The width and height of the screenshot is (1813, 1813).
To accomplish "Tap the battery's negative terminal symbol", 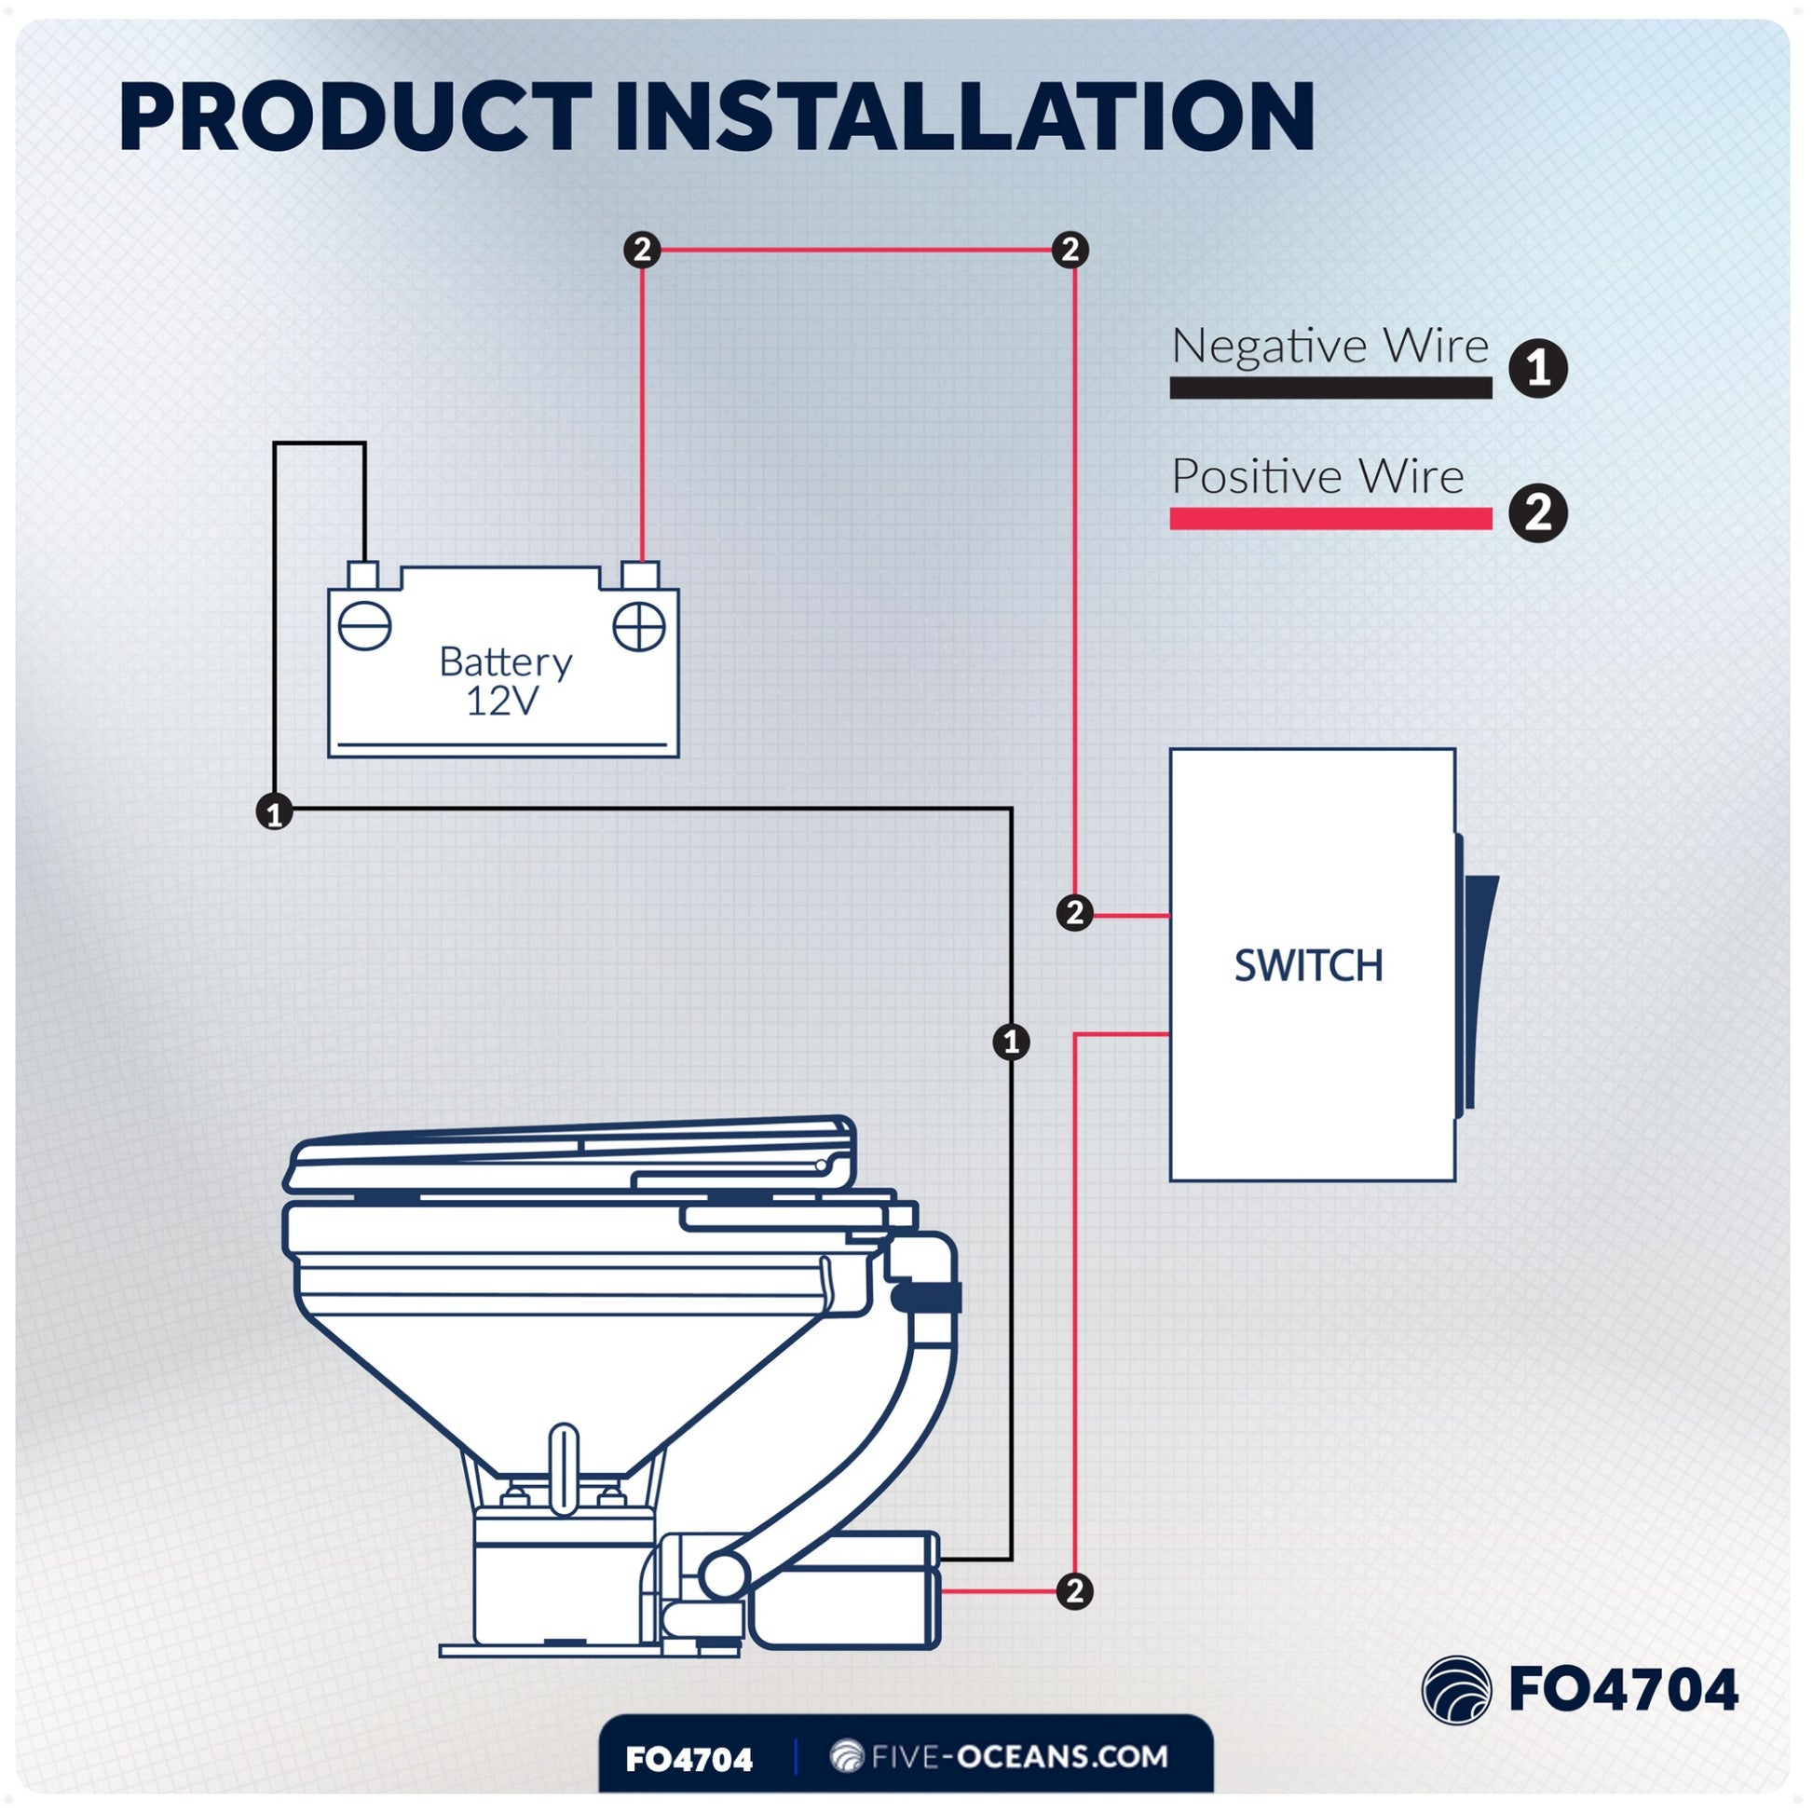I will (x=364, y=626).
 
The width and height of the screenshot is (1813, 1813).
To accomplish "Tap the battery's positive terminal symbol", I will (x=639, y=626).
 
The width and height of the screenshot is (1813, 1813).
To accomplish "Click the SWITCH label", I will (x=1308, y=965).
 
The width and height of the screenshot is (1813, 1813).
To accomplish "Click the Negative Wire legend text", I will (x=1329, y=347).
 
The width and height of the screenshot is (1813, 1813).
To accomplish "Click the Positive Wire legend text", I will (x=1317, y=477).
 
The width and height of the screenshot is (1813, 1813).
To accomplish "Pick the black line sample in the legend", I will (x=1329, y=388).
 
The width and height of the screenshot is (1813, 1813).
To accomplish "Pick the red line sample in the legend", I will (x=1329, y=518).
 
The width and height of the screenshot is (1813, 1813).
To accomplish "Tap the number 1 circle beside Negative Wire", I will (x=1538, y=368).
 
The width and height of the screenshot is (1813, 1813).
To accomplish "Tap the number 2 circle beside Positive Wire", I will (x=1538, y=513).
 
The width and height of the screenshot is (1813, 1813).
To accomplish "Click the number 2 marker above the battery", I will (x=643, y=250).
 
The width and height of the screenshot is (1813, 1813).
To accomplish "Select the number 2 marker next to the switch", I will (x=1074, y=913).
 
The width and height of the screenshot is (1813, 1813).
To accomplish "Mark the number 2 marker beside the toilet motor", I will (x=1074, y=1590).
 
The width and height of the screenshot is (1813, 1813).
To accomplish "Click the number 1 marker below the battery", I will (x=274, y=811).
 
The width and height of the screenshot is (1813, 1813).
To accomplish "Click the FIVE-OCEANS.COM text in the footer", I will (x=1000, y=1757).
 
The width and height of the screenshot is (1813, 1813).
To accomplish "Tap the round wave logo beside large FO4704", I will (x=1455, y=1690).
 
